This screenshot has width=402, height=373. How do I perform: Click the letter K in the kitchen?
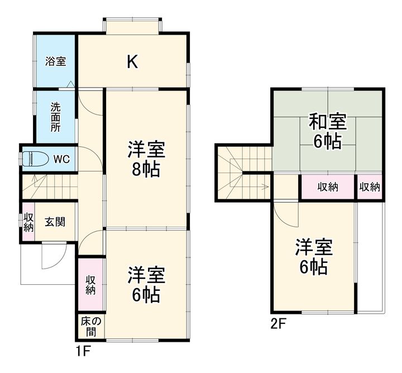point(132,61)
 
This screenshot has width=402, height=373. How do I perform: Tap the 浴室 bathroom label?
point(55,61)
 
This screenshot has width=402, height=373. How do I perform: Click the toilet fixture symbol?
point(36,159)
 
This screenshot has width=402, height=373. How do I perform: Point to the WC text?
point(61,159)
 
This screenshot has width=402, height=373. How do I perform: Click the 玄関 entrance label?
point(55,222)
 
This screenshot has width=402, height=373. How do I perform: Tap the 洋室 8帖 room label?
point(146,159)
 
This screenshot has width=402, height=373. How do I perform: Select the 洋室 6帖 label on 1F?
point(146,284)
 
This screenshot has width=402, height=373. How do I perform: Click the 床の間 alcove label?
point(90,327)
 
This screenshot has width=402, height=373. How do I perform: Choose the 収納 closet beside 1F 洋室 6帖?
point(90,284)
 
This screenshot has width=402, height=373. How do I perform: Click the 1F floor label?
point(84,352)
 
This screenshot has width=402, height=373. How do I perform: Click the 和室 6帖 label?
point(328,131)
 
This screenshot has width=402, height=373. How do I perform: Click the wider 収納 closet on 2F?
point(328,187)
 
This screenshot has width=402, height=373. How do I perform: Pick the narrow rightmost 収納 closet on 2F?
point(370,187)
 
